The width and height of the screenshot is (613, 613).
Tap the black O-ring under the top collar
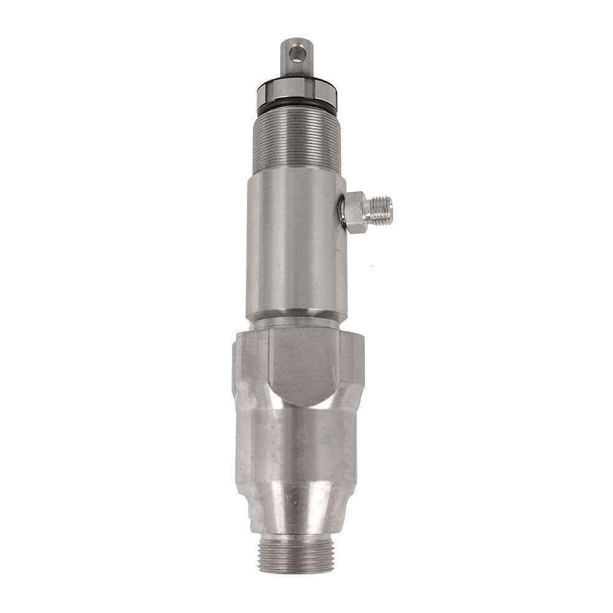(297, 108)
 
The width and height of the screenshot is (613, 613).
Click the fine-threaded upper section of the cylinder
(297, 141)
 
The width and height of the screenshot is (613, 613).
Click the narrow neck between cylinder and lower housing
(297, 321)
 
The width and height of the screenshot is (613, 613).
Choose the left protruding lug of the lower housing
(241, 368)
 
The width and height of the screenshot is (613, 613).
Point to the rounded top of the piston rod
(297, 42)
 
